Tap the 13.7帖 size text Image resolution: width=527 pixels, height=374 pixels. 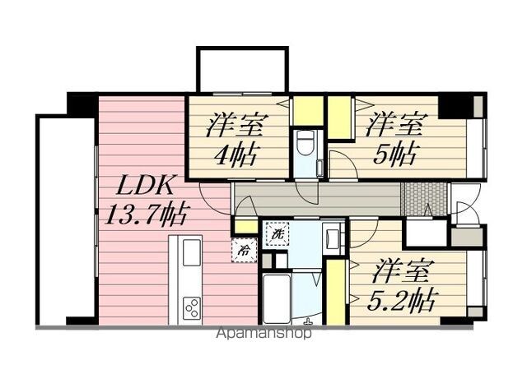(x=147, y=215)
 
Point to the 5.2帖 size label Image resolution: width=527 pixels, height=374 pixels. (x=403, y=300)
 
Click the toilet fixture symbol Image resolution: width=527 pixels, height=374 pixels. (x=306, y=142)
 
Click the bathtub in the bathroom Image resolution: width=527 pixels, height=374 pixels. (x=277, y=298)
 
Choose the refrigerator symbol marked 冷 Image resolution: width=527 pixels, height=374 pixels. (x=245, y=251)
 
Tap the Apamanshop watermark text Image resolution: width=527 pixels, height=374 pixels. (x=263, y=334)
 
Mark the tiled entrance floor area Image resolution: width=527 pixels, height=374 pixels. (x=424, y=199)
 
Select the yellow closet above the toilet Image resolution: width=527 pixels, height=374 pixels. (x=308, y=111)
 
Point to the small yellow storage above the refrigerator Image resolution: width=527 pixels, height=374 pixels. (x=245, y=227)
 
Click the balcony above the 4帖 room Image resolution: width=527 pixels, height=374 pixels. (x=242, y=70)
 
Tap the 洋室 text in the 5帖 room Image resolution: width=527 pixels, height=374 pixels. (x=396, y=125)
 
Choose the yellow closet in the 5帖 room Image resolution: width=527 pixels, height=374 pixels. (x=340, y=118)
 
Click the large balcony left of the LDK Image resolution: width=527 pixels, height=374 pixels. (x=67, y=220)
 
